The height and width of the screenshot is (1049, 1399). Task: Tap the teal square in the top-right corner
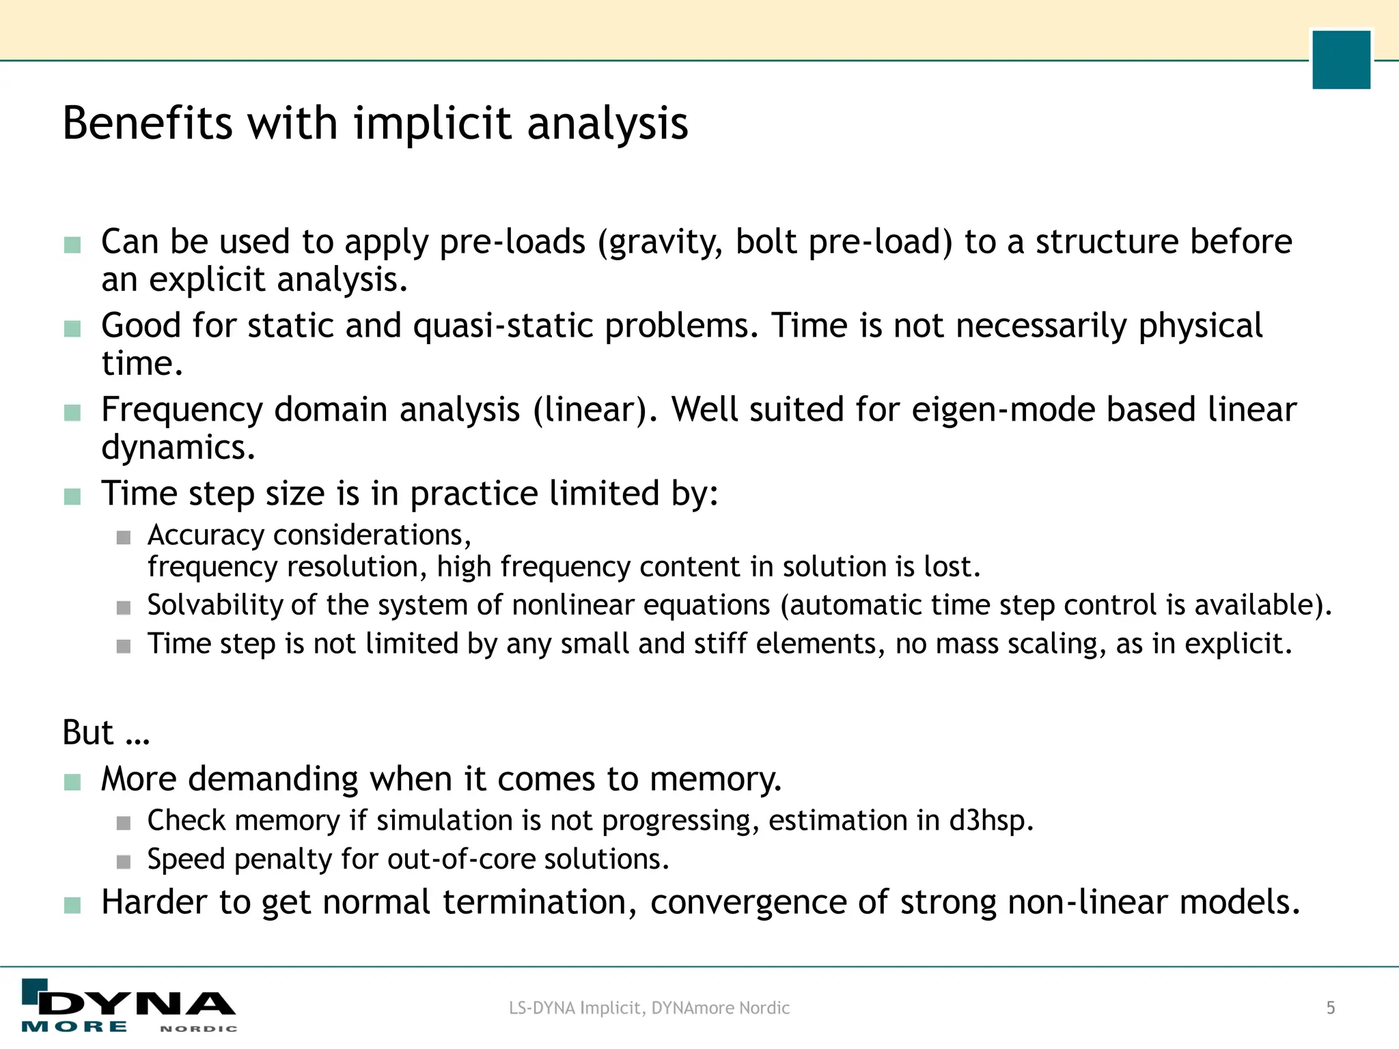pyautogui.click(x=1341, y=59)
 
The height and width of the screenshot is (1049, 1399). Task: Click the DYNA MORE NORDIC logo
pyautogui.click(x=129, y=1007)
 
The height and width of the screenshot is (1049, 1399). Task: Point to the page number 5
pyautogui.click(x=1331, y=1008)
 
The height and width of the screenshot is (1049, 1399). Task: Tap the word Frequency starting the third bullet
pyautogui.click(x=182, y=410)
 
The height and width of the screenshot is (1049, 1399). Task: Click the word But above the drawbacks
pyautogui.click(x=88, y=733)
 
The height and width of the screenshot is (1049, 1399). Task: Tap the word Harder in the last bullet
pyautogui.click(x=154, y=902)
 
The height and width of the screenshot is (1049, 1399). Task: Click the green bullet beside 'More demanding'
pyautogui.click(x=72, y=781)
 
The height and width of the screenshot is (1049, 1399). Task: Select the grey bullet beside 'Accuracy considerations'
pyautogui.click(x=124, y=538)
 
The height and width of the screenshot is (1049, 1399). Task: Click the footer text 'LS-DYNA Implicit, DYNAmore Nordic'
pyautogui.click(x=649, y=1008)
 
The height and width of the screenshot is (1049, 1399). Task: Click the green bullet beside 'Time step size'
pyautogui.click(x=72, y=496)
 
